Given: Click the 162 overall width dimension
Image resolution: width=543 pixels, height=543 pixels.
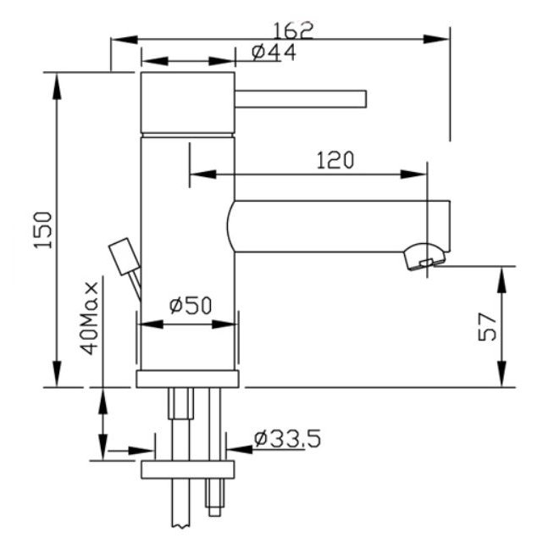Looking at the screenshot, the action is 293,30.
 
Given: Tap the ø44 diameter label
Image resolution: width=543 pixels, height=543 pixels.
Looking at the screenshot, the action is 274,53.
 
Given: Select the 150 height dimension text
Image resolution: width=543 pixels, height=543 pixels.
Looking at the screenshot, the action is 43,230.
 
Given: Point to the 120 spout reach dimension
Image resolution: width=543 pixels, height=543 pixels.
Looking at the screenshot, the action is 335,159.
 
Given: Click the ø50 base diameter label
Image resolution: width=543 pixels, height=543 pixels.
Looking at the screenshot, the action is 191,305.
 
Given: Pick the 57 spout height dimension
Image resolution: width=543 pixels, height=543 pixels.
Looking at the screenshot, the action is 487,327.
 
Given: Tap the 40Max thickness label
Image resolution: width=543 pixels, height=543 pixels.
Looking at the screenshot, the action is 91,319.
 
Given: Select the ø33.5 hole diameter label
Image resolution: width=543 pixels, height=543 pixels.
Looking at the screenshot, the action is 287,439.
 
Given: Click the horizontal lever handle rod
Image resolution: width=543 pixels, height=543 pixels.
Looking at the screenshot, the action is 300,99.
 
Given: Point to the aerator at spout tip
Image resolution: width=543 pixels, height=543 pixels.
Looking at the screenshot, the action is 425,257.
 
